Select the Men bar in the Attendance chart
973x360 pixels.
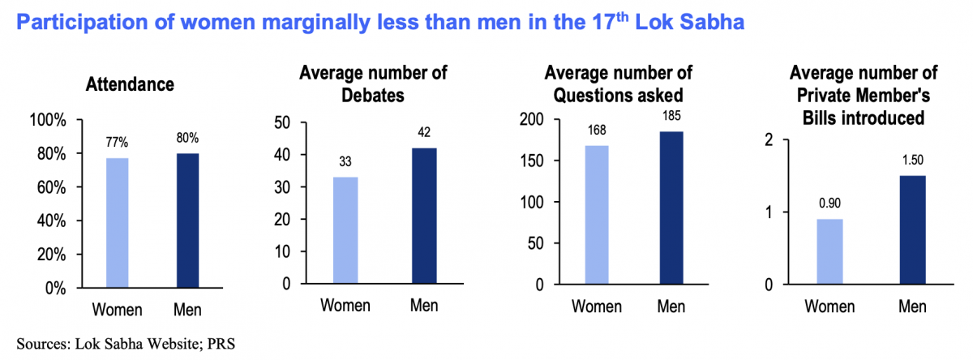tap(186, 220)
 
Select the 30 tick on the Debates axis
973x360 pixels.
tap(281, 187)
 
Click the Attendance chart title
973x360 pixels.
tap(130, 84)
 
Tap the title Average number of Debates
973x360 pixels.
tap(373, 84)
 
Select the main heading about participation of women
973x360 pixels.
tap(380, 23)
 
